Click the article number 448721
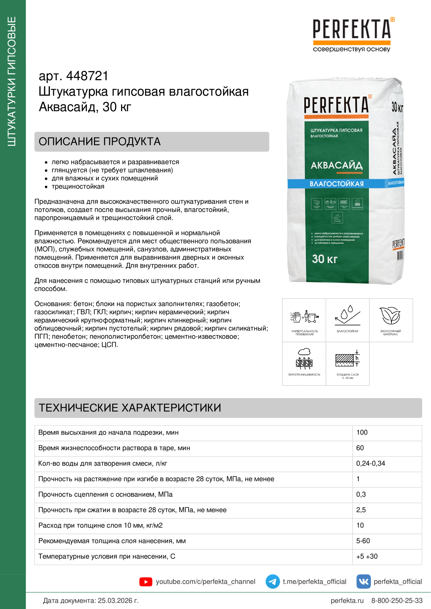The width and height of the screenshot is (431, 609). pyautogui.click(x=87, y=76)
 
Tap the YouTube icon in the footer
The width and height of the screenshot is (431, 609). pyautogui.click(x=145, y=582)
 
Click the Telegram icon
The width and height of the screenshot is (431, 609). pyautogui.click(x=272, y=582)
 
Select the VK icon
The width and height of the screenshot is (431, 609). pyautogui.click(x=363, y=582)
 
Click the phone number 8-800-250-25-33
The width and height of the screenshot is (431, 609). pyautogui.click(x=397, y=600)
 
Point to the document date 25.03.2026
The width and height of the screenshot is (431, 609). pyautogui.click(x=115, y=600)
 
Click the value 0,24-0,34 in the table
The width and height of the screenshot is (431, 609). pyautogui.click(x=371, y=463)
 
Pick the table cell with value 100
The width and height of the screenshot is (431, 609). pyautogui.click(x=362, y=432)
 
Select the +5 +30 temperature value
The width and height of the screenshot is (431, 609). pyautogui.click(x=367, y=556)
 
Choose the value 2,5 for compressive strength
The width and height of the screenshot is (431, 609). pyautogui.click(x=361, y=510)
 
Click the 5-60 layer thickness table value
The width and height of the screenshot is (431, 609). pyautogui.click(x=363, y=541)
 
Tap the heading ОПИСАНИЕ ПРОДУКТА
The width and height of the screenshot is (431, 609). pyautogui.click(x=100, y=142)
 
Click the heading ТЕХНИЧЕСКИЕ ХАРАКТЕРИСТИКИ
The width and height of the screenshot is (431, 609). pyautogui.click(x=130, y=408)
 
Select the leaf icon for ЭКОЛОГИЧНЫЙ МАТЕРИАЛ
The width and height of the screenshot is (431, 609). pyautogui.click(x=390, y=316)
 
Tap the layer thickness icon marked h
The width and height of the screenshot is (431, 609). pyautogui.click(x=347, y=359)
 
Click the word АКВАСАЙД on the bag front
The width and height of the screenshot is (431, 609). pyautogui.click(x=336, y=166)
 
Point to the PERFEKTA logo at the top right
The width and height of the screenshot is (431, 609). pyautogui.click(x=351, y=29)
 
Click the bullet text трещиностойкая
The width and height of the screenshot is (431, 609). pyautogui.click(x=78, y=186)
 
